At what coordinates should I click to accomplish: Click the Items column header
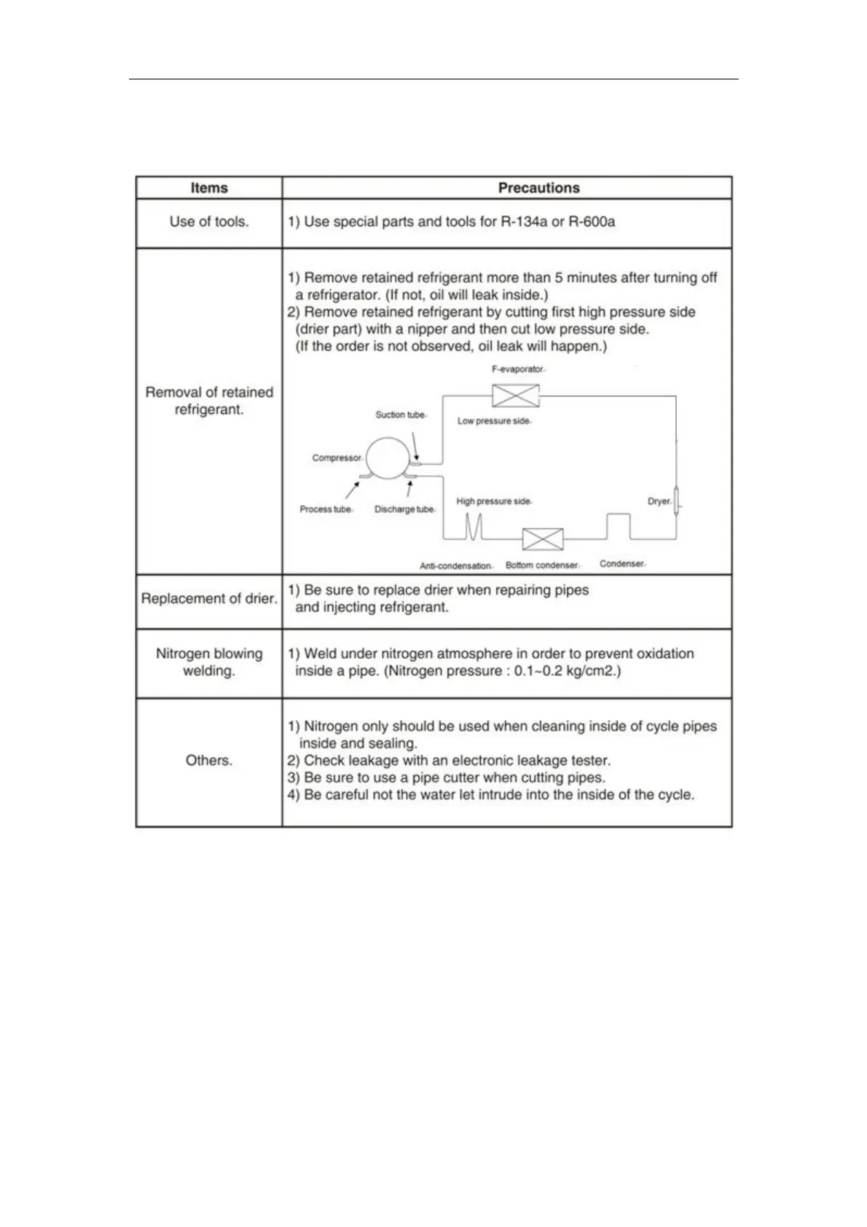tap(209, 188)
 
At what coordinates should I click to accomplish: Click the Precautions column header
tap(538, 188)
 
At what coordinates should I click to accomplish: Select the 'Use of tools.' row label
tap(209, 222)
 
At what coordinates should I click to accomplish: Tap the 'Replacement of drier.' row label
tap(209, 599)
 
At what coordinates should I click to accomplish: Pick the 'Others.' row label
tap(209, 761)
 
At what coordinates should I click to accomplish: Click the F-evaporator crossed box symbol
tap(515, 396)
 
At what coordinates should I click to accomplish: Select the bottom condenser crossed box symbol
tap(543, 539)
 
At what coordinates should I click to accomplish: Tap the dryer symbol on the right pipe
tap(676, 501)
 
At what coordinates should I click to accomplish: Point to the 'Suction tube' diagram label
tap(400, 415)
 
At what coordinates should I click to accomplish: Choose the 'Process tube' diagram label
tap(325, 509)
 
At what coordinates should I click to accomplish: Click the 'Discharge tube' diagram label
tap(404, 509)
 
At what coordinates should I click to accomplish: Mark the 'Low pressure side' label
tap(493, 421)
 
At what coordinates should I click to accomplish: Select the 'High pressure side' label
tap(493, 501)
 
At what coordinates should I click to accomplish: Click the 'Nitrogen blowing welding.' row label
tap(209, 662)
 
